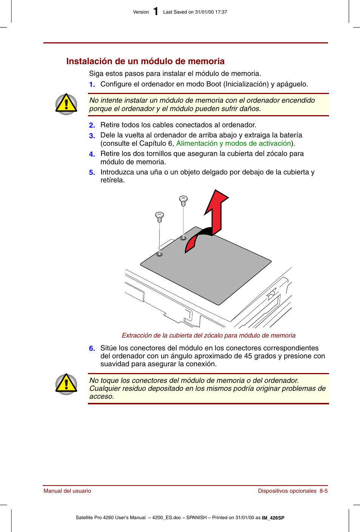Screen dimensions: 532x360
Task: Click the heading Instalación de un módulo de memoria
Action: (145, 61)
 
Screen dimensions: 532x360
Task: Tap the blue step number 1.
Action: (92, 85)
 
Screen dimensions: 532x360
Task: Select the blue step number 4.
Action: (92, 154)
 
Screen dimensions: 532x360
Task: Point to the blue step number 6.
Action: (92, 348)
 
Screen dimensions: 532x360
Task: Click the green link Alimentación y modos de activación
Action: (234, 143)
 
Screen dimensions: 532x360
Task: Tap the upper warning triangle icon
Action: (66, 104)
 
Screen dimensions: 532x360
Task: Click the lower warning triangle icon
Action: (66, 384)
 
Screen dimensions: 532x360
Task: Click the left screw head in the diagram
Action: (160, 216)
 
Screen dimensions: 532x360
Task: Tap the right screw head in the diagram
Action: (183, 199)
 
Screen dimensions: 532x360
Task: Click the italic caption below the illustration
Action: (208, 335)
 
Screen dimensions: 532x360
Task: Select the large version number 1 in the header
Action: (155, 12)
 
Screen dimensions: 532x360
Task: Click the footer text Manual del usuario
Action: (67, 491)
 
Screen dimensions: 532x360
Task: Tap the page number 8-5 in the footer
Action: (323, 491)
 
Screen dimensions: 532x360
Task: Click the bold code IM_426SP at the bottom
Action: (273, 518)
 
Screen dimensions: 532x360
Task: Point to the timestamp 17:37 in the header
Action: (221, 12)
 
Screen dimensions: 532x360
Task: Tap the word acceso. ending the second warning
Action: (102, 396)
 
